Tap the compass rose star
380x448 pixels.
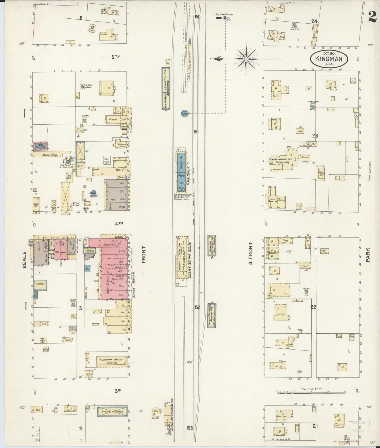246,59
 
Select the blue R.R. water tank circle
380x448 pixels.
184,113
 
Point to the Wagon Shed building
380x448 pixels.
50,155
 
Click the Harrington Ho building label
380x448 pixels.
278,159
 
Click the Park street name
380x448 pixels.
367,255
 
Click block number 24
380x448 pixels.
314,22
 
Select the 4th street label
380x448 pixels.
119,224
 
